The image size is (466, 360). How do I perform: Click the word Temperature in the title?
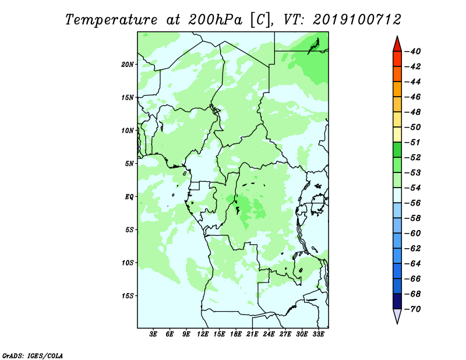111,20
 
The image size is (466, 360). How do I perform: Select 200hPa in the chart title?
215,20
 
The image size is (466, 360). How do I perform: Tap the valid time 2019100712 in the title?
357,20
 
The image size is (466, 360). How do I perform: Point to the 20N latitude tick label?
128,65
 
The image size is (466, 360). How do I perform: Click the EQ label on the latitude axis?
129,197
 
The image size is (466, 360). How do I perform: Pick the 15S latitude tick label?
128,296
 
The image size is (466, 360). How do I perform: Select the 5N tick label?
129,164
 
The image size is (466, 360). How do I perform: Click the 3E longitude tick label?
153,334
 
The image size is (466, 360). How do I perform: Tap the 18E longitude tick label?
236,334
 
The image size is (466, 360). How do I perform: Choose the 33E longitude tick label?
318,334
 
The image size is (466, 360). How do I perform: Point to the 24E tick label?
269,334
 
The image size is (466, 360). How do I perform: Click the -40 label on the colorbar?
413,51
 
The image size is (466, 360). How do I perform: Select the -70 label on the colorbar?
413,309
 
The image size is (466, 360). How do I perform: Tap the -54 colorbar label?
413,188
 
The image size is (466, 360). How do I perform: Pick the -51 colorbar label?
413,142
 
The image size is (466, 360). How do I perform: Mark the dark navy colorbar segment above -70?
397,301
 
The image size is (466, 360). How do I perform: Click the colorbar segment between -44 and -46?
397,89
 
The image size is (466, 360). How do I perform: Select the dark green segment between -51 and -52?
397,150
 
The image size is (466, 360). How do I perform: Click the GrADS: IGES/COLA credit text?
33,355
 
